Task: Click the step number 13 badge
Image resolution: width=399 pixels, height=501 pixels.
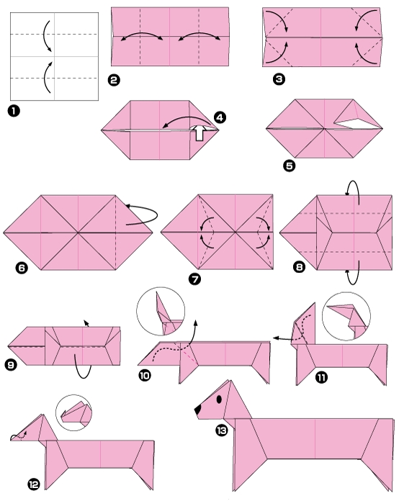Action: [x=220, y=429]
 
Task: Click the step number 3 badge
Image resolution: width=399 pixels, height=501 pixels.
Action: [x=279, y=80]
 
